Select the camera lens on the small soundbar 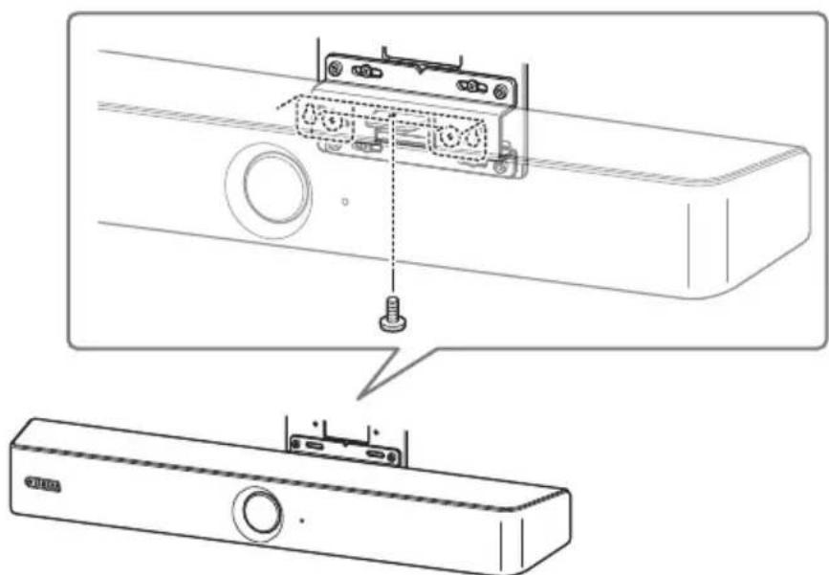tap(257, 511)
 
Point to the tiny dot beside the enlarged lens tap(345, 202)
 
